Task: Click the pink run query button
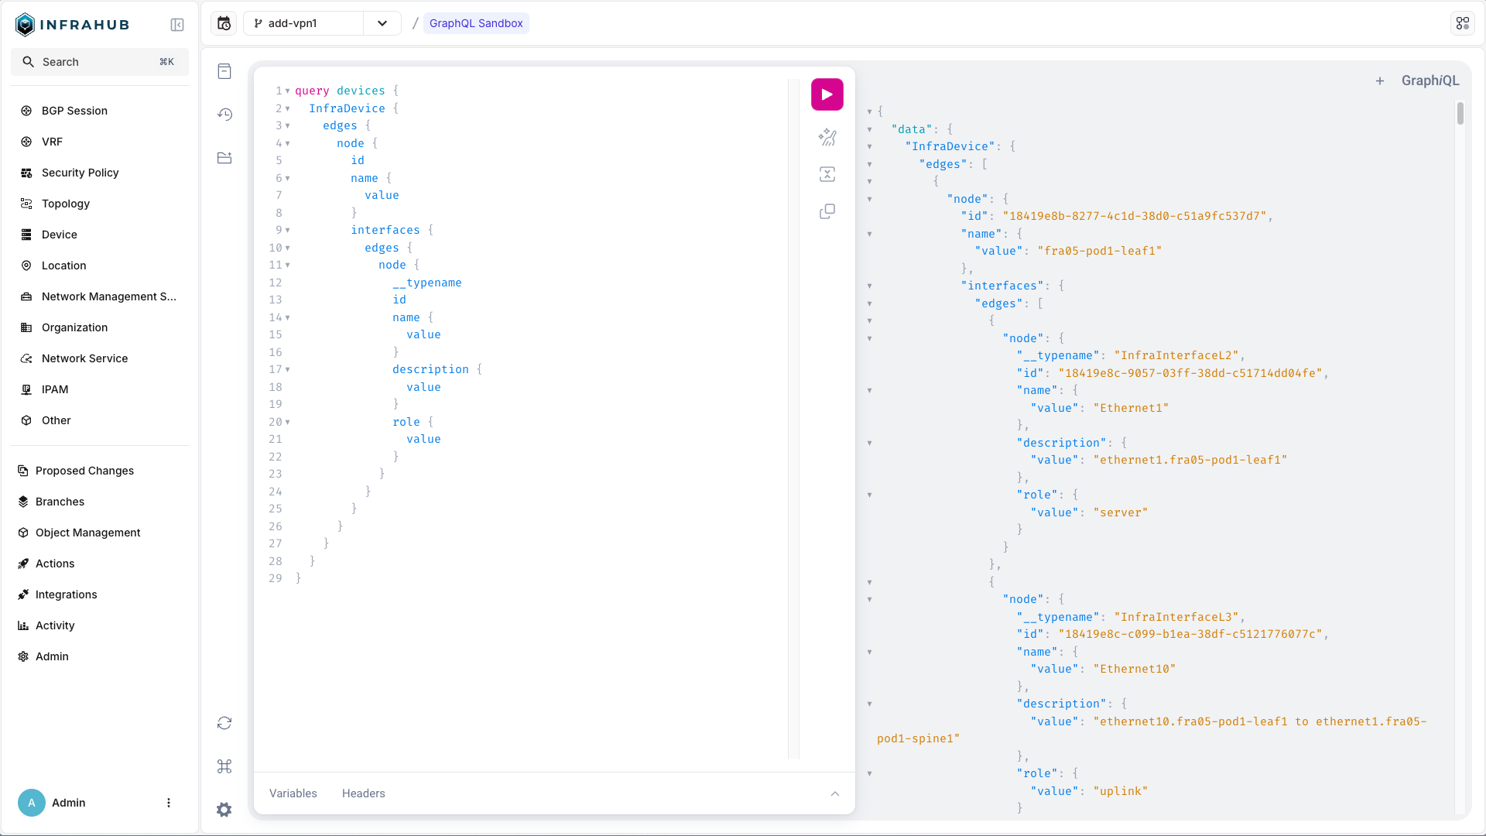827,94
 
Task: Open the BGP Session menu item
74,111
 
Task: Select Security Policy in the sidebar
80,173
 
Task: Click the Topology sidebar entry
66,204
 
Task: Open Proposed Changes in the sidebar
84,471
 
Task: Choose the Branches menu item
60,502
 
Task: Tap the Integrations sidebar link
66,594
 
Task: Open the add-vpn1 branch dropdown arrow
382,23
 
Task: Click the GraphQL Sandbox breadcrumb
476,23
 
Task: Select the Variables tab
293,793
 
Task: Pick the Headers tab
364,793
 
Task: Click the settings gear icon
224,810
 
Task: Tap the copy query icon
827,211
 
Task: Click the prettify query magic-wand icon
827,137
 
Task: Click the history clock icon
224,115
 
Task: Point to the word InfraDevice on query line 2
347,108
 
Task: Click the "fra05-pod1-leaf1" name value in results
1100,251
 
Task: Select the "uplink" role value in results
1121,791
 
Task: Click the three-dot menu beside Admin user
169,803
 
